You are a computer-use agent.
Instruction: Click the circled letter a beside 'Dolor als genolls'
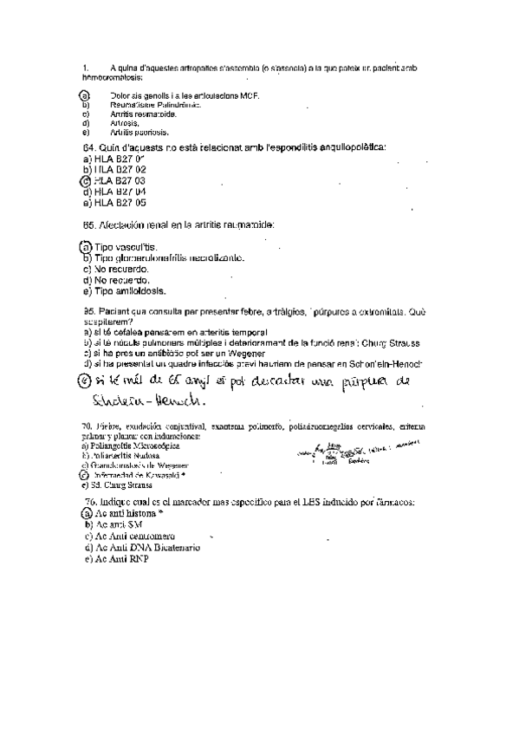(x=84, y=94)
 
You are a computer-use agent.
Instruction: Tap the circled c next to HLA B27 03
(x=84, y=180)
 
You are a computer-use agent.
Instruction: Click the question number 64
(x=87, y=147)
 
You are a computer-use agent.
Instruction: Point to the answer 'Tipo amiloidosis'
(x=128, y=291)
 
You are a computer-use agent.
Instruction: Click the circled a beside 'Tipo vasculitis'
(x=86, y=247)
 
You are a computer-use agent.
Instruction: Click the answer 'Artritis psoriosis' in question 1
(x=139, y=133)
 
